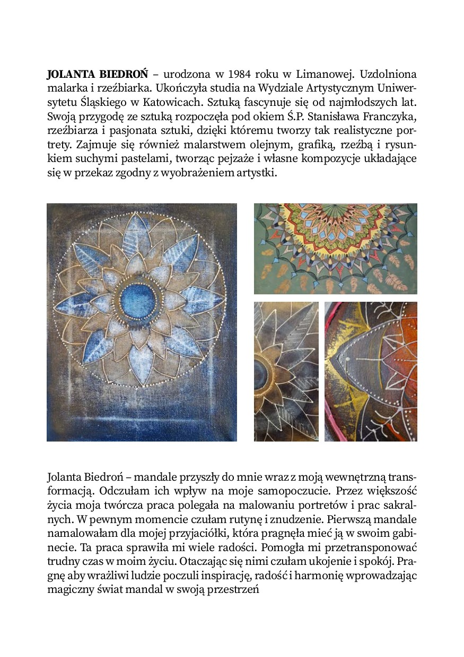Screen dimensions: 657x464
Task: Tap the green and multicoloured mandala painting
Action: (335, 248)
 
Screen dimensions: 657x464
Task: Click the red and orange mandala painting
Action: (371, 371)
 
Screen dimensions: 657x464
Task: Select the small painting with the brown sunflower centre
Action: (286, 371)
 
